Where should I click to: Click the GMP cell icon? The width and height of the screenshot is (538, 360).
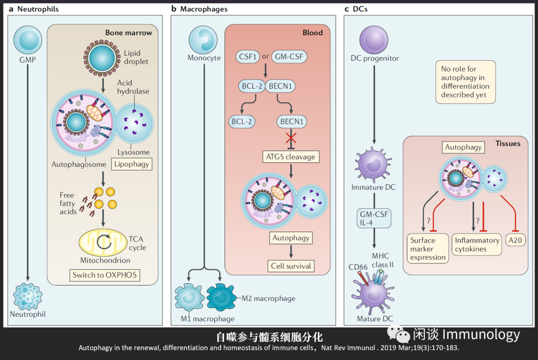pyautogui.click(x=28, y=40)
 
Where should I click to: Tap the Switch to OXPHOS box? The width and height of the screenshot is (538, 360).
pyautogui.click(x=104, y=275)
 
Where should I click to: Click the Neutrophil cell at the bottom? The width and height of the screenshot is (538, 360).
pyautogui.click(x=27, y=296)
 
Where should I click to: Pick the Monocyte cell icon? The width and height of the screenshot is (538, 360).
pyautogui.click(x=204, y=40)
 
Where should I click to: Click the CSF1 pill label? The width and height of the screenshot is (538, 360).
pyautogui.click(x=248, y=56)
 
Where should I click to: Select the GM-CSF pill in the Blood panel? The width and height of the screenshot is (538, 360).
pyautogui.click(x=289, y=56)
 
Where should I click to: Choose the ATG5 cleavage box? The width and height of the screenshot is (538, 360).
pyautogui.click(x=291, y=157)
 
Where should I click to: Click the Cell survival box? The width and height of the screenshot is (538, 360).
pyautogui.click(x=291, y=266)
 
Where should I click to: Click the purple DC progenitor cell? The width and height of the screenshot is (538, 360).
pyautogui.click(x=374, y=40)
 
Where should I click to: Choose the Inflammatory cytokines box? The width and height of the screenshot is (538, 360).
pyautogui.click(x=477, y=244)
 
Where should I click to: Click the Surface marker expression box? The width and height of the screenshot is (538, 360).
pyautogui.click(x=428, y=248)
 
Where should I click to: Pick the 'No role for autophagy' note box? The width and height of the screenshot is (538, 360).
pyautogui.click(x=465, y=82)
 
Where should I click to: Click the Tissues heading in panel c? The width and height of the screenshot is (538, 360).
pyautogui.click(x=508, y=143)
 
